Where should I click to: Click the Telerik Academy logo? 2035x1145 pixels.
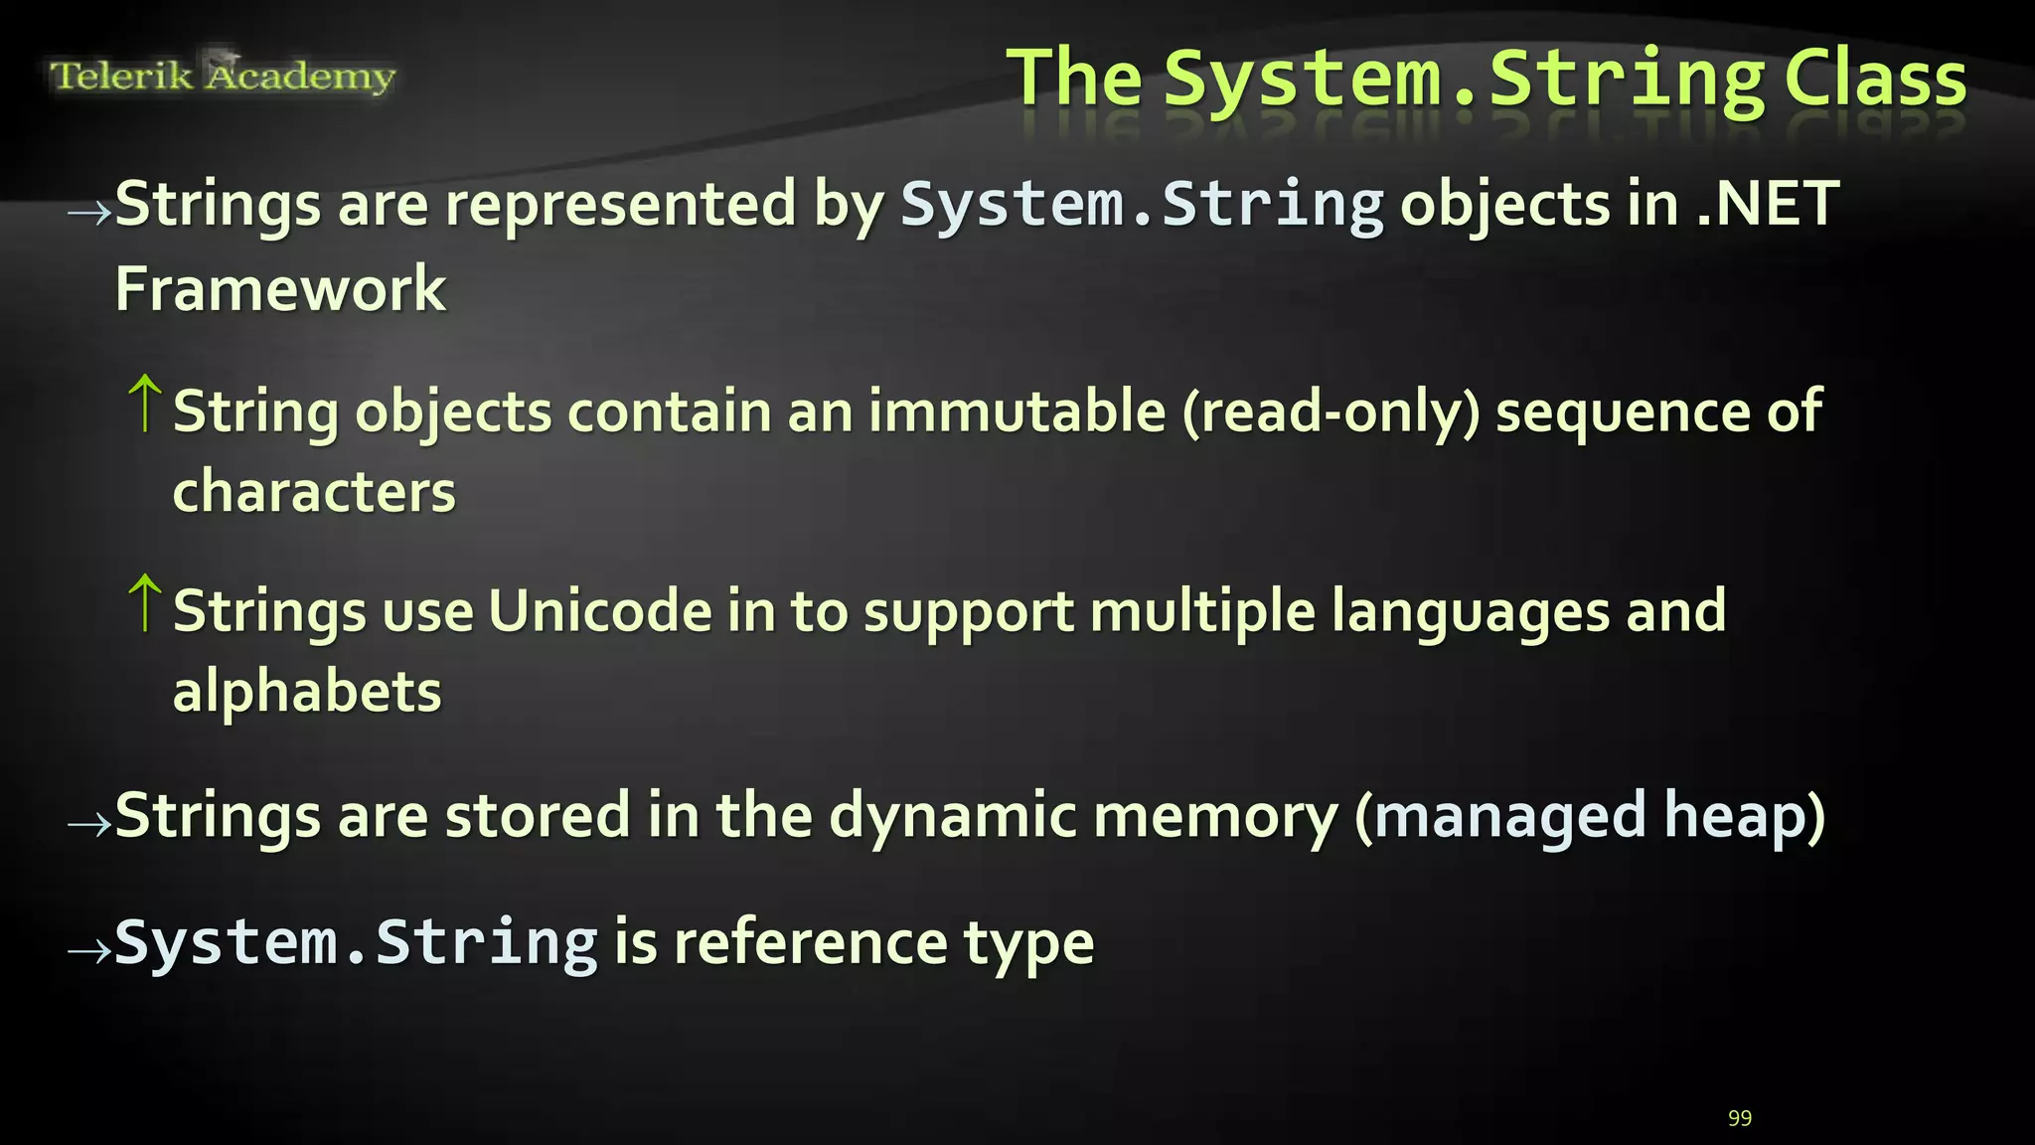coord(223,75)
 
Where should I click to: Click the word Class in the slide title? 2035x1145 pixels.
coord(1875,80)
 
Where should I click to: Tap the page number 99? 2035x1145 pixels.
coord(1740,1118)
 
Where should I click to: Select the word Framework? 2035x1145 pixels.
coord(280,289)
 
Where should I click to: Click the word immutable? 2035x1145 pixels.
coord(1017,410)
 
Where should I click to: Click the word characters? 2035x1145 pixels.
coord(314,492)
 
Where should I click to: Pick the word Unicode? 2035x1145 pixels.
coord(599,610)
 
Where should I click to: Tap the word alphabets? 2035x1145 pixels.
coord(307,692)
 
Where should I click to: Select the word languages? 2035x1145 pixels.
coord(1470,612)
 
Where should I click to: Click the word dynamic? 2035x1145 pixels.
coord(952,817)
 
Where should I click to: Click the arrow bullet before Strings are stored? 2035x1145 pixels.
coord(88,824)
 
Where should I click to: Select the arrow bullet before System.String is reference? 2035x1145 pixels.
coord(88,951)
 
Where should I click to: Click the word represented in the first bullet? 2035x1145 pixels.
coord(620,206)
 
